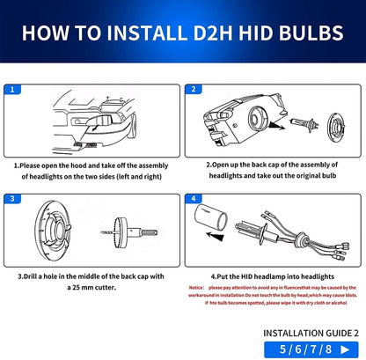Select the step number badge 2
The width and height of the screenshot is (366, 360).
[194, 90]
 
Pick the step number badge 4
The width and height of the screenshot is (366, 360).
[194, 198]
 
